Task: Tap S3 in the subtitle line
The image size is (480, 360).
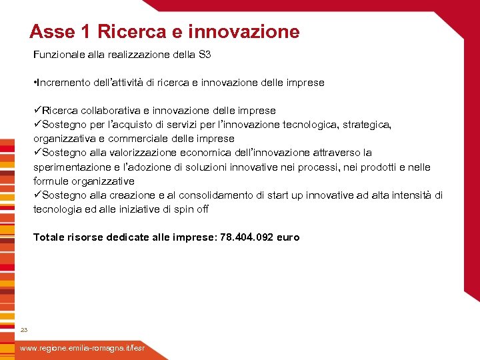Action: [x=205, y=55]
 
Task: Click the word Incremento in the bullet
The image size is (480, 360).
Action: [x=64, y=83]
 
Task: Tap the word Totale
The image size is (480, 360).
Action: [x=49, y=237]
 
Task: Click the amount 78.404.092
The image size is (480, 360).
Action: [x=247, y=237]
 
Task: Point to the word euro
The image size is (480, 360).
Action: [x=289, y=237]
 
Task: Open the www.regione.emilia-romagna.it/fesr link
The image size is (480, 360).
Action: [x=81, y=349]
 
